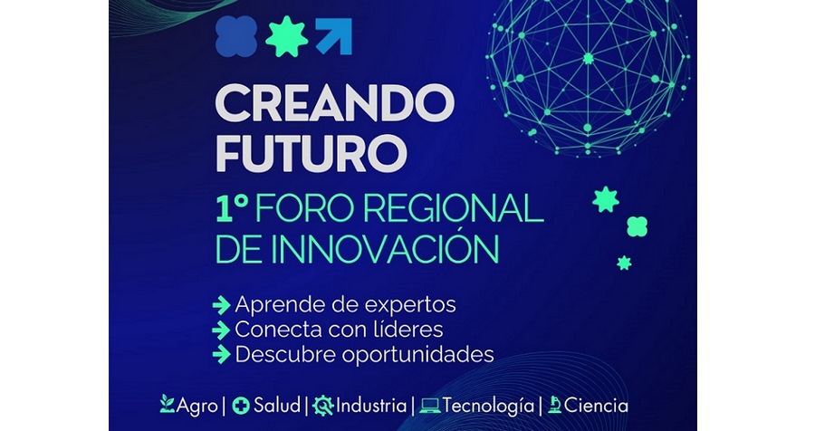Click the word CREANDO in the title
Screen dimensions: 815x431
[x=335, y=102]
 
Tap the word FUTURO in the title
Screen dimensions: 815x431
[x=311, y=153]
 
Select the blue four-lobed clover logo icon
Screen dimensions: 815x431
[x=236, y=36]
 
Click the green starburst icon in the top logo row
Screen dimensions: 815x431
[x=286, y=36]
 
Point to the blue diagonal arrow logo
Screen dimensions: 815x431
[x=333, y=36]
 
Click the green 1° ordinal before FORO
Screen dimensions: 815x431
[x=231, y=209]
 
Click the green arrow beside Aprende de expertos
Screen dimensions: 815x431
[x=222, y=305]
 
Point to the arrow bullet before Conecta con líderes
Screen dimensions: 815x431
[x=222, y=330]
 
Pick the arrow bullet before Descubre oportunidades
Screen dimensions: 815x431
[x=222, y=355]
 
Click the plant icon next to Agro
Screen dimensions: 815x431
[x=168, y=404]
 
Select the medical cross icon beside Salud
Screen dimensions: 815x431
[x=241, y=406]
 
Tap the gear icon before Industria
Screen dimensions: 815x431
[x=323, y=406]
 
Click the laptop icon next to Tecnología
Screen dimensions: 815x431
[x=430, y=406]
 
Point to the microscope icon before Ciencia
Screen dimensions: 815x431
[x=554, y=405]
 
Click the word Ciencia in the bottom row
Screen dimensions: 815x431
[x=596, y=406]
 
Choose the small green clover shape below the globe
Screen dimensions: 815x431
[x=638, y=226]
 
